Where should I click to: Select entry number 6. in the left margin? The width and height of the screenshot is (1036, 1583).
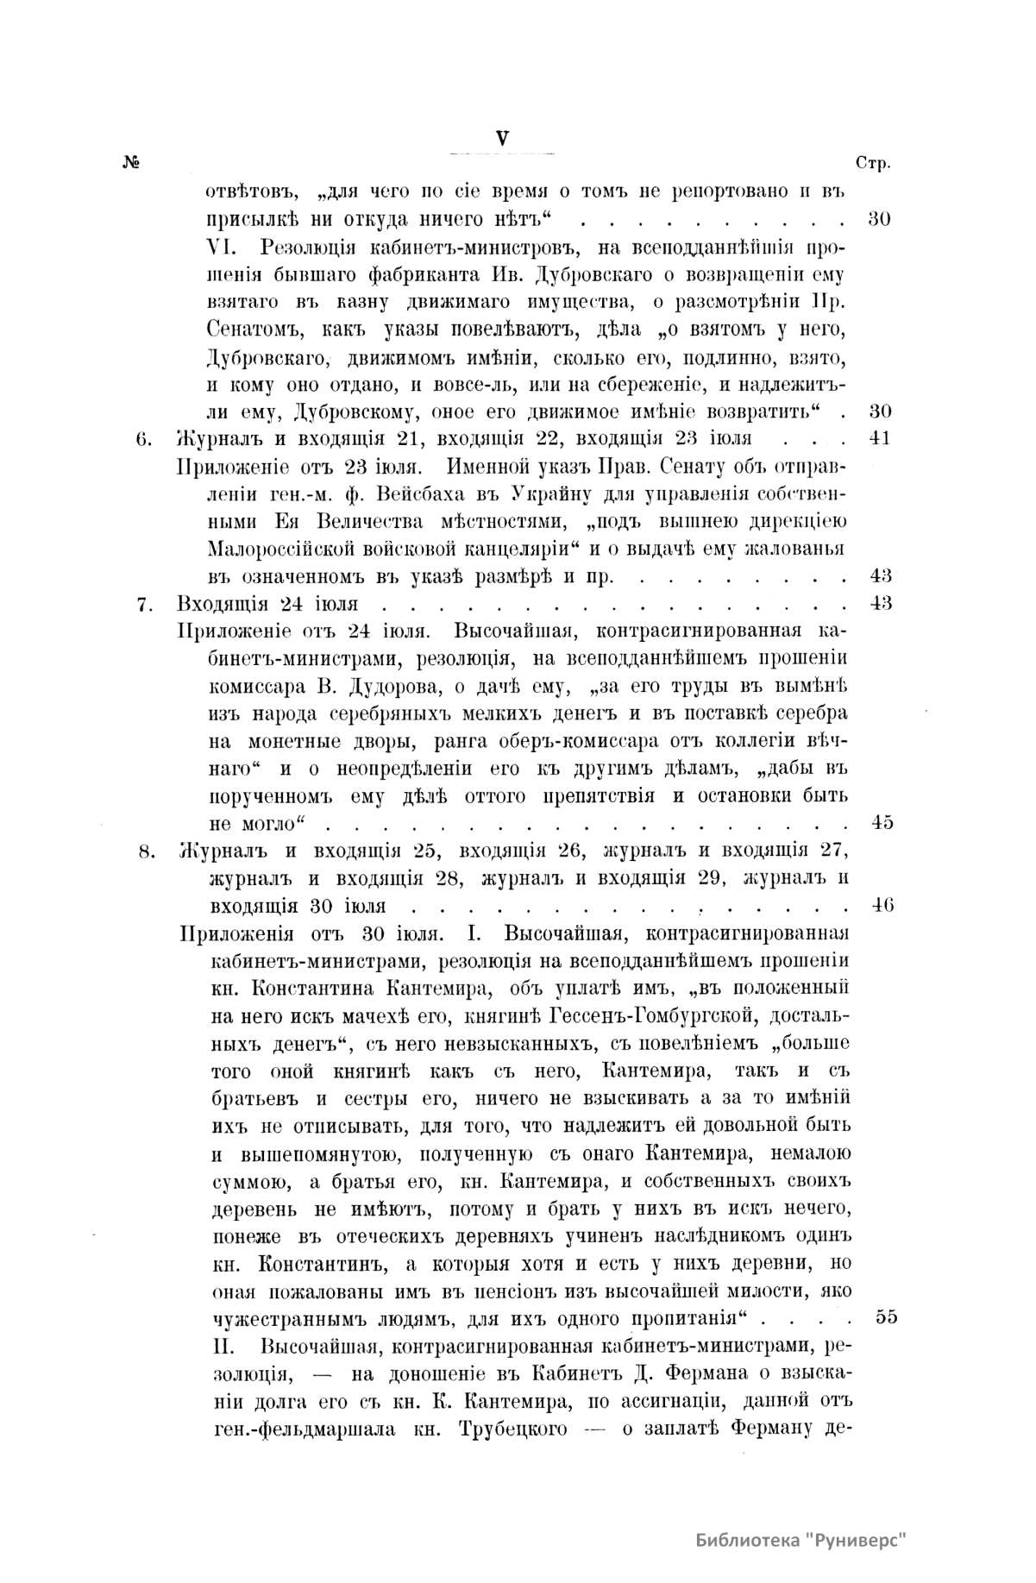pos(145,438)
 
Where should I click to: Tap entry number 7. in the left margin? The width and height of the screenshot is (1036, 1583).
pos(145,604)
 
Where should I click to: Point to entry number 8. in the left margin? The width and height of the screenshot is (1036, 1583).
pos(145,852)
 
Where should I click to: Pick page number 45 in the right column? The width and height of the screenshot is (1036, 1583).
pos(882,822)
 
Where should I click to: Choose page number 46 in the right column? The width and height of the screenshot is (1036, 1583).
pos(881,905)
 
